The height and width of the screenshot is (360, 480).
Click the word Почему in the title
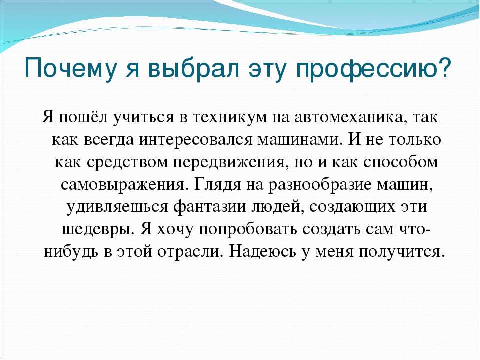[70, 69]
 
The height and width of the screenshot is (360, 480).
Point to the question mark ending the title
[443, 67]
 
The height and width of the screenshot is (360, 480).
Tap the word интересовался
[195, 140]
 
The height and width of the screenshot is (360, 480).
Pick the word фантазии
[210, 207]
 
